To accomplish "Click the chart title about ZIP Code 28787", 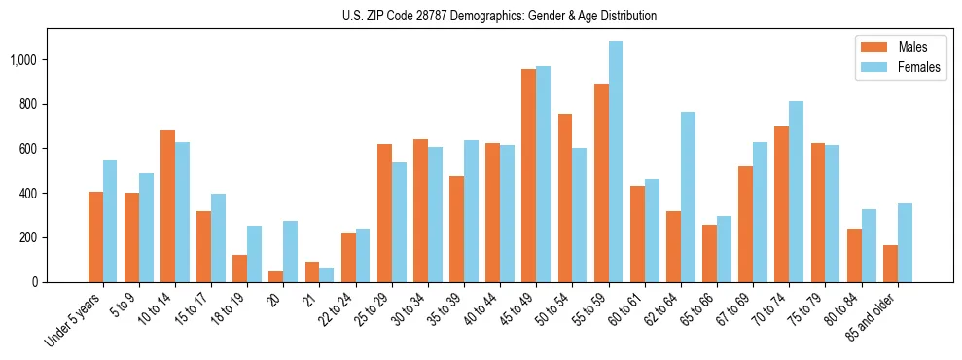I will pyautogui.click(x=500, y=16).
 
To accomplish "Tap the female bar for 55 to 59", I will pyautogui.click(x=616, y=162).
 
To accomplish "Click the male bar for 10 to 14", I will pyautogui.click(x=167, y=206).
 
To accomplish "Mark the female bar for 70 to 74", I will pyautogui.click(x=797, y=192).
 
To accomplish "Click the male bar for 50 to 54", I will pyautogui.click(x=565, y=198).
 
